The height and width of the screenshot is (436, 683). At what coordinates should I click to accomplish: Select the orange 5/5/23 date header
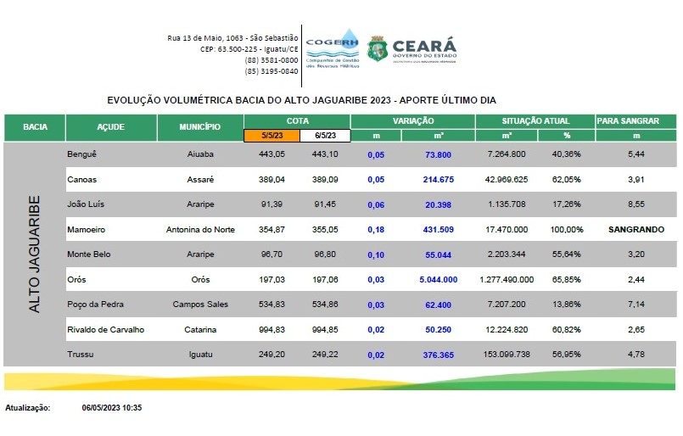coord(272,135)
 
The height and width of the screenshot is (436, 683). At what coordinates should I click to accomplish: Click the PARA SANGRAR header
coord(635,120)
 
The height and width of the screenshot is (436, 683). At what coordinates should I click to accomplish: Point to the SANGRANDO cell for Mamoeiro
coord(635,229)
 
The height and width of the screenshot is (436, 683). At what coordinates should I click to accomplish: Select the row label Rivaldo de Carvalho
coord(105,328)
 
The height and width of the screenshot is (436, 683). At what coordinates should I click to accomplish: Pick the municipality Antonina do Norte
coord(199,229)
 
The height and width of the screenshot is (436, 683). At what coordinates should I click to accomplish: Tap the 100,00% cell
coord(568,229)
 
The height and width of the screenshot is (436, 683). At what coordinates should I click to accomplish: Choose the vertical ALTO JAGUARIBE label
coord(35,254)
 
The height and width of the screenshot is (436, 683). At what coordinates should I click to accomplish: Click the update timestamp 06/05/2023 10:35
coord(112,408)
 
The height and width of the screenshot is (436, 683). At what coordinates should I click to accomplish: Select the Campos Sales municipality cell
coord(199,304)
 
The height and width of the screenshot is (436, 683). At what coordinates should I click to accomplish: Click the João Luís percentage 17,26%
coord(568,204)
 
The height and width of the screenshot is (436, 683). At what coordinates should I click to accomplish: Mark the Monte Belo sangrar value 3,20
coord(635,254)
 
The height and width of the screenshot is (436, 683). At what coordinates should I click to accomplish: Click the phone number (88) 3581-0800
coord(272,60)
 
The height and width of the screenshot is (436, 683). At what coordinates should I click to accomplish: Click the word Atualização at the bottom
coord(28,408)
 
